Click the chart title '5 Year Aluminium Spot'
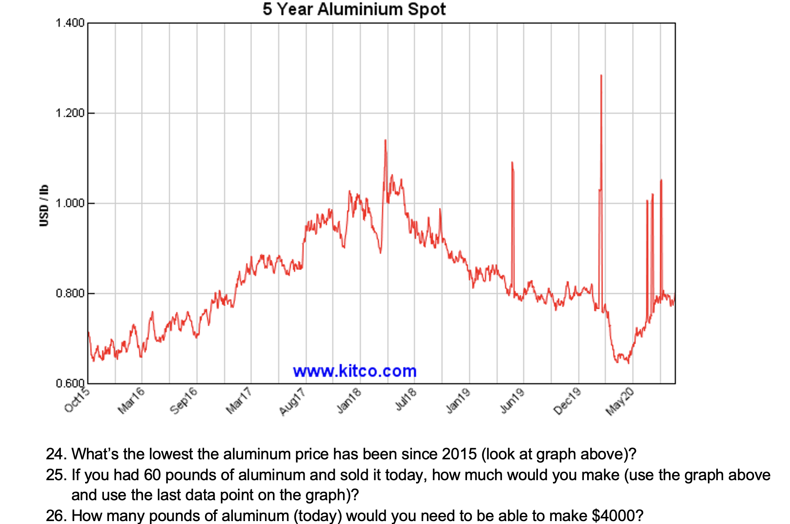(354, 9)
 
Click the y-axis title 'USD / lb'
(44, 205)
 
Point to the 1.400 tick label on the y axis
(70, 23)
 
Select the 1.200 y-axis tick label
(70, 113)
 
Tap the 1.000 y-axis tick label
(70, 203)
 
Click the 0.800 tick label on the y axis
(70, 293)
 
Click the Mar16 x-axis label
(131, 401)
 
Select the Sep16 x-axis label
(184, 401)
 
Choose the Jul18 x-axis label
(406, 399)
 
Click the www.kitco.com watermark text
(355, 371)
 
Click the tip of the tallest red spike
(601, 76)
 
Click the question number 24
(56, 454)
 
